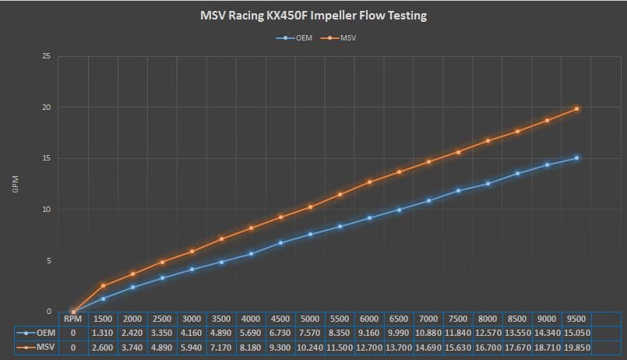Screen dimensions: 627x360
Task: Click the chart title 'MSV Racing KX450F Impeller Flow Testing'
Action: [313, 16]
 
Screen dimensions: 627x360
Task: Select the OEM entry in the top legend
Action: [294, 38]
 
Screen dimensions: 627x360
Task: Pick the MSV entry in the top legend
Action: [338, 38]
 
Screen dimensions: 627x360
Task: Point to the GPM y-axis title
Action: [16, 184]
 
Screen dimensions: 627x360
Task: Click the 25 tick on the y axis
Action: [47, 56]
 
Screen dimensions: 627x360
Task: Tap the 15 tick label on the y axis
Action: [47, 158]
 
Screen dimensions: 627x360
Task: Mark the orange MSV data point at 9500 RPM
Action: [576, 109]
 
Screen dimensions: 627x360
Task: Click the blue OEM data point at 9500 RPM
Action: [576, 158]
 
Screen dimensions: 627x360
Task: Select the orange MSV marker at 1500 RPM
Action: [103, 286]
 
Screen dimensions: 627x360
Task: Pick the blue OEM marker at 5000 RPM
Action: [310, 235]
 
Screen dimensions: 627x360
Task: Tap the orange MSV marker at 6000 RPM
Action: [369, 182]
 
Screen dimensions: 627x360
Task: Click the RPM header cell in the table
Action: [72, 319]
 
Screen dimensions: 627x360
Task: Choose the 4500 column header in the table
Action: [280, 319]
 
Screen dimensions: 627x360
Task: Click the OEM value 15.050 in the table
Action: [577, 333]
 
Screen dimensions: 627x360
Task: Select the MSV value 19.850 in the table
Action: [577, 348]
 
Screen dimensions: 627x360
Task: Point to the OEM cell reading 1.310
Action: [102, 333]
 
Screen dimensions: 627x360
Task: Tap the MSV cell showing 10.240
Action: [310, 348]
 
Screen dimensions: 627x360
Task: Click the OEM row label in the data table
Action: [37, 333]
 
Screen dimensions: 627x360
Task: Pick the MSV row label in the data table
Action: [37, 348]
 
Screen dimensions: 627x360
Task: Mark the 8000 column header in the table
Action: [488, 319]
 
